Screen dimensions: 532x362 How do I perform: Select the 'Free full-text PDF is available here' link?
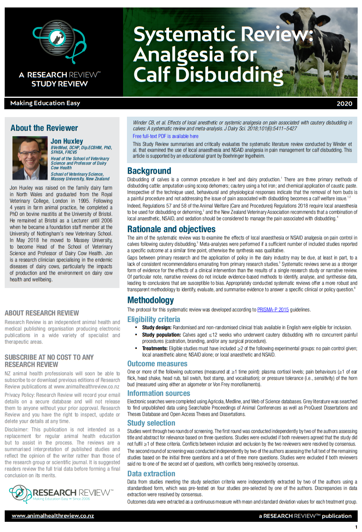click(165, 136)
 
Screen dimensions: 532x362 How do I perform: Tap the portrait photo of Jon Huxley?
click(30, 158)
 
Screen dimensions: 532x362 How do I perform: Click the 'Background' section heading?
click(149, 171)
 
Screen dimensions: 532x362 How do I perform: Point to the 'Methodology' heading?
click(150, 300)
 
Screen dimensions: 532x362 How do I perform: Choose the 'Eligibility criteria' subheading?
click(153, 319)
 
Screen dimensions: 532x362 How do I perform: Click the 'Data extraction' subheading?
click(151, 474)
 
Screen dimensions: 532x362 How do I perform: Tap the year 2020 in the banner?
click(344, 103)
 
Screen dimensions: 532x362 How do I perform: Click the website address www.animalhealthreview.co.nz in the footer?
click(53, 516)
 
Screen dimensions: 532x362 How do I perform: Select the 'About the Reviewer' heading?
click(44, 128)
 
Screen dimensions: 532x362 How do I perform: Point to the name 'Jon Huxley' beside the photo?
click(67, 141)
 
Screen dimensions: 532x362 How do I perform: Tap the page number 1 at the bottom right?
click(356, 527)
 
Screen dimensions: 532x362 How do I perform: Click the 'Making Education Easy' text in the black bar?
click(45, 103)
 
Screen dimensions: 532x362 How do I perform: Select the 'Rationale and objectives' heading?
click(171, 229)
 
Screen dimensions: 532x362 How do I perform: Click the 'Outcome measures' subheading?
click(157, 364)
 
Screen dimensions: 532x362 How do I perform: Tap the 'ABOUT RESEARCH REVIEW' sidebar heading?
click(42, 313)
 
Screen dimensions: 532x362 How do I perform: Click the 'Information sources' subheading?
click(158, 393)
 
